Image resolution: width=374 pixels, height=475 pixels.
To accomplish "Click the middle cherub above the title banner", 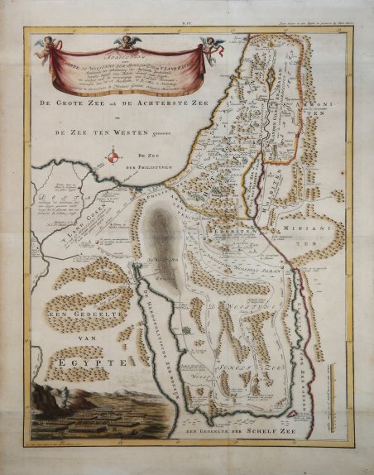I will tap(126, 41).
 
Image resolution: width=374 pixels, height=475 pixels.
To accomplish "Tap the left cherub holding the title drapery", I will tap(60, 46).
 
